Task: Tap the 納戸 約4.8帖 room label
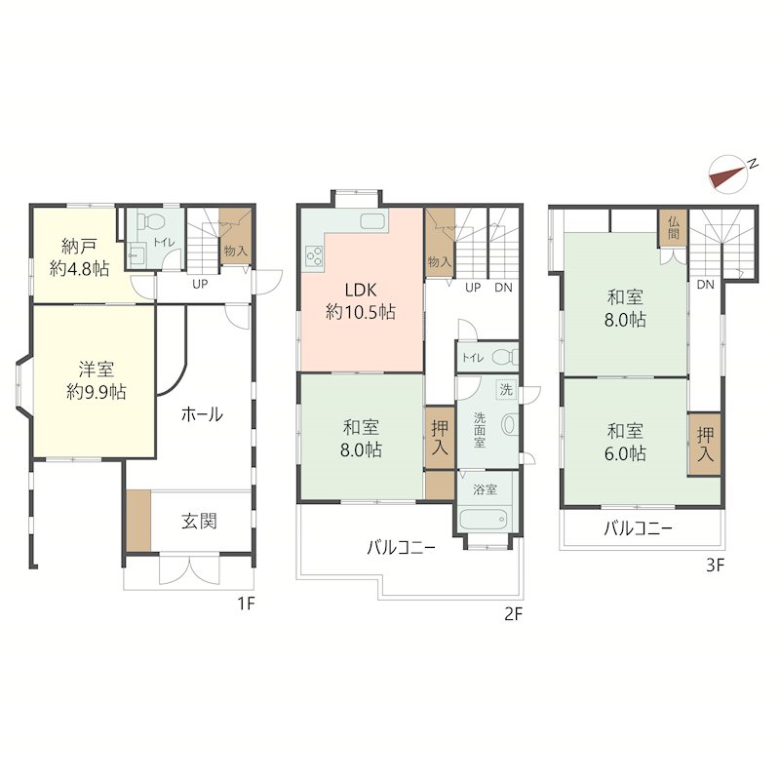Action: coord(79,257)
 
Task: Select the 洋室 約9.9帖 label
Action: coord(96,380)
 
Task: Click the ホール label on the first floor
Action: coord(202,413)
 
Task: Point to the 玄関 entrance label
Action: coord(199,522)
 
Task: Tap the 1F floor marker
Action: coord(246,604)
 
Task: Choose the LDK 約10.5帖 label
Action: coord(361,300)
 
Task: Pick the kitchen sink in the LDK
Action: coord(373,221)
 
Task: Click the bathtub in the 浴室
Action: coord(485,520)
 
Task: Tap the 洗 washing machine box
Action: coord(506,389)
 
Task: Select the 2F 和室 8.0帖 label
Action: coord(361,438)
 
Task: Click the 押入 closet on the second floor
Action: coord(440,438)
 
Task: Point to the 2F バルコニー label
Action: coord(401,548)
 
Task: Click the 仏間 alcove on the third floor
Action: coord(673,228)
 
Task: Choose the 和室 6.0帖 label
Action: coord(625,442)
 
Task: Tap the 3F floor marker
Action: coord(715,565)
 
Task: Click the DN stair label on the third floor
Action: coord(705,285)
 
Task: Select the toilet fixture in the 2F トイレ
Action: coord(504,357)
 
